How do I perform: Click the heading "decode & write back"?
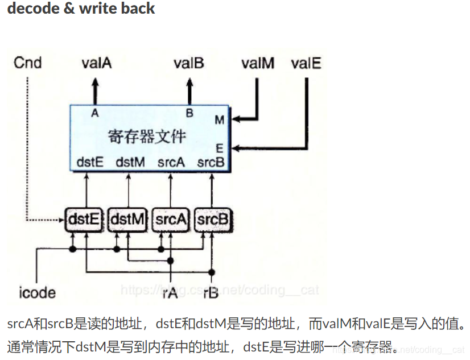pos(81,9)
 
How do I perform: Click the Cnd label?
pos(28,63)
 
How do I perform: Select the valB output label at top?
pos(189,63)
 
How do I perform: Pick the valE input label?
pos(306,63)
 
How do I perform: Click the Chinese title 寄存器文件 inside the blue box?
pos(147,136)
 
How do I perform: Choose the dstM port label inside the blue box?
pos(130,162)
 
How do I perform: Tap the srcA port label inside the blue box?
pos(171,162)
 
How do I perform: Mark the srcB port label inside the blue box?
pos(211,162)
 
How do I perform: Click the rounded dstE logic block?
pos(84,218)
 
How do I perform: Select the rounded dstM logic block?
pos(127,218)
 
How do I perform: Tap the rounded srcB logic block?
pos(213,218)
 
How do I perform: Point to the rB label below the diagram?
pos(212,293)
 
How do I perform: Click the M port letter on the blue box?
pos(219,120)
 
